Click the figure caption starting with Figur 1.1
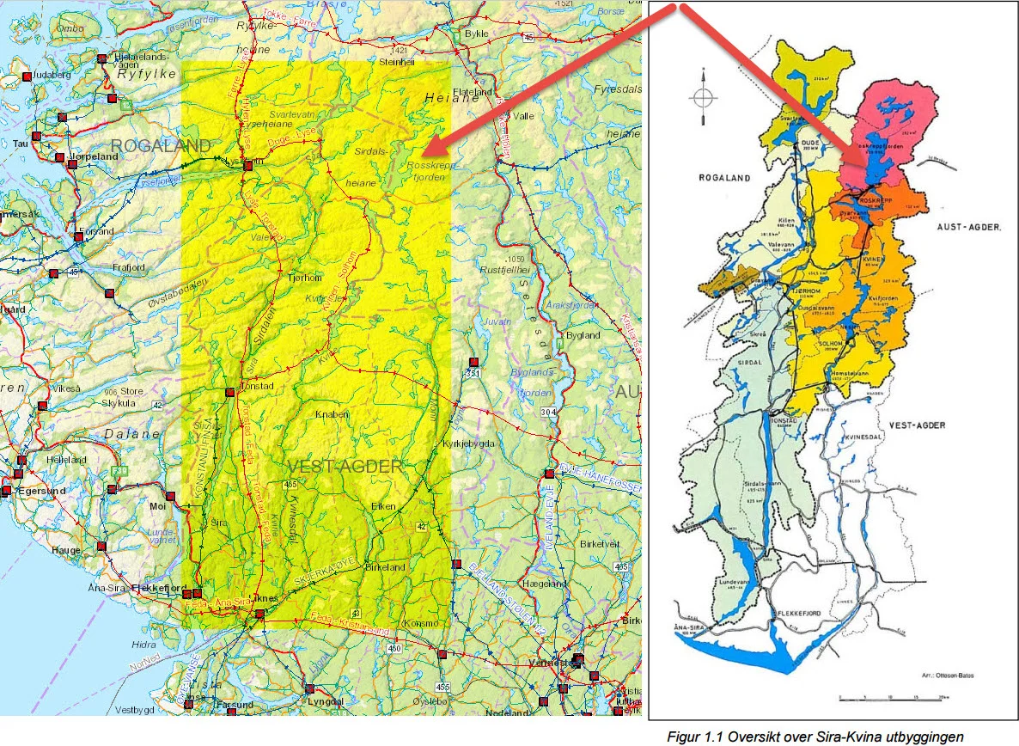(x=815, y=736)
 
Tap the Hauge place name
(x=65, y=550)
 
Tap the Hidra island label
(x=144, y=644)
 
